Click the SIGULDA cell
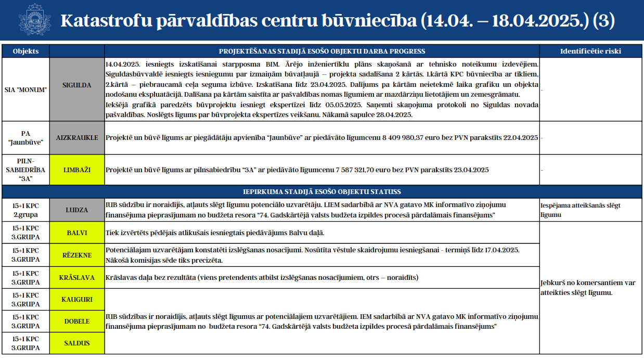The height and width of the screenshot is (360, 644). pos(77,85)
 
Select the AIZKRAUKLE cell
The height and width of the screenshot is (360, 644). pos(77,138)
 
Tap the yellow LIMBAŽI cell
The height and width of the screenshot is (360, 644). pos(77,170)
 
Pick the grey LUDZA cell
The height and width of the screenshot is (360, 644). pos(77,210)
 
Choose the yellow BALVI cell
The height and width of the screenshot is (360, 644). pos(77,233)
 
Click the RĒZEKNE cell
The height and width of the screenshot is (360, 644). pos(77,255)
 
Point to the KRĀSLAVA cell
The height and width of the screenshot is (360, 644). pos(77,277)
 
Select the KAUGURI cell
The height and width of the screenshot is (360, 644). pos(77,300)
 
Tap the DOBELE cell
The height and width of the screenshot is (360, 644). pos(77,322)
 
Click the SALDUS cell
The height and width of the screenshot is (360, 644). pos(77,343)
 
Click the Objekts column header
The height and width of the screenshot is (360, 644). pos(25,51)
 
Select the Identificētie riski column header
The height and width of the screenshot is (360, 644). pos(590,51)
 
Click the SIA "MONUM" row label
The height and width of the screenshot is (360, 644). pos(25,89)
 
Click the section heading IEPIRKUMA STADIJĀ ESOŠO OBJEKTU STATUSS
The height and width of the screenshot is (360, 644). pos(322,191)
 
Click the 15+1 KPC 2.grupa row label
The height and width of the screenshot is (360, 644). pos(25,210)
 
